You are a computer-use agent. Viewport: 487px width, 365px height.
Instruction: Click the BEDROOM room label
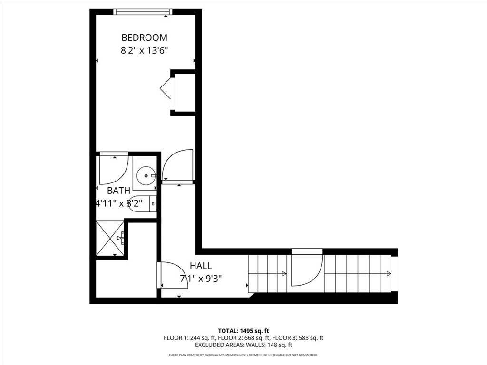144,38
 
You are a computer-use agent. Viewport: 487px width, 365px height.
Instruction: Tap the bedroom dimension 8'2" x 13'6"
144,50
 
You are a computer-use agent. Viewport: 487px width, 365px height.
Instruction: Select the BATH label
118,191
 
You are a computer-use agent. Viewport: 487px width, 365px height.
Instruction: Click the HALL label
201,266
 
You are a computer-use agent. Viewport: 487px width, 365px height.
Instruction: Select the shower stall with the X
110,238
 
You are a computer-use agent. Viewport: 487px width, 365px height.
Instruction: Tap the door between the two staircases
307,269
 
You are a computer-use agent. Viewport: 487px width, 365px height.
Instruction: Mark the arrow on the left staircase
284,273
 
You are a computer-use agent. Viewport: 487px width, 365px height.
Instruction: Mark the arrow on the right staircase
389,273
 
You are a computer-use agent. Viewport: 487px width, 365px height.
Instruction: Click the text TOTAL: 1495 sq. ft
243,331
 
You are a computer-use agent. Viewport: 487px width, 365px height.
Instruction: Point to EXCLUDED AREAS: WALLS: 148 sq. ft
243,345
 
